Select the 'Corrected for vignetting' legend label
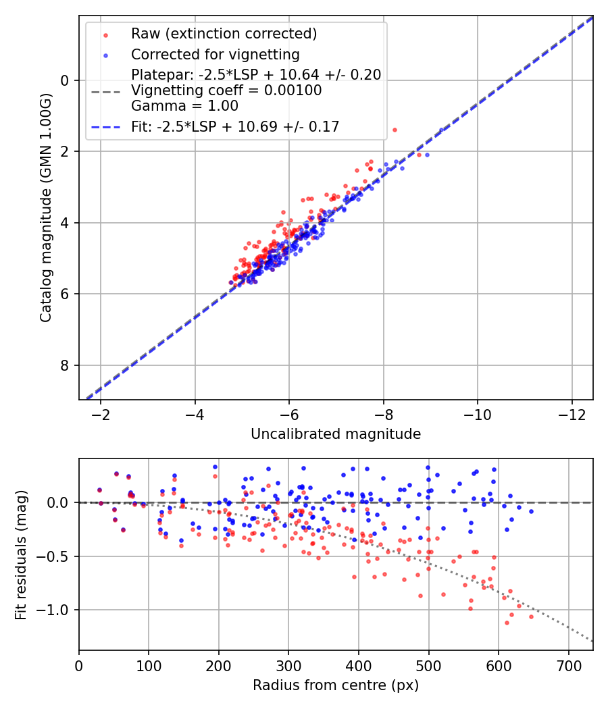215,54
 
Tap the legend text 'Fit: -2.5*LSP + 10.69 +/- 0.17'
235,126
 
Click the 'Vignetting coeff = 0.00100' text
226,90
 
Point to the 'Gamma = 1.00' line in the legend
184,106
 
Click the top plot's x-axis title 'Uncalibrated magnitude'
336,434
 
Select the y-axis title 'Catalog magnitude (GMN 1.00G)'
45,208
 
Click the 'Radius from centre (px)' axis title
336,685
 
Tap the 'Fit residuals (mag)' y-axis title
21,554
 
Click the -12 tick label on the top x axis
572,413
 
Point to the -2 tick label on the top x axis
101,413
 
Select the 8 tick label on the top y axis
65,365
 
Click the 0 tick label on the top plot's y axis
65,80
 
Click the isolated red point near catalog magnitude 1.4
395,130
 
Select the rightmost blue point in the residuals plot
531,511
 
